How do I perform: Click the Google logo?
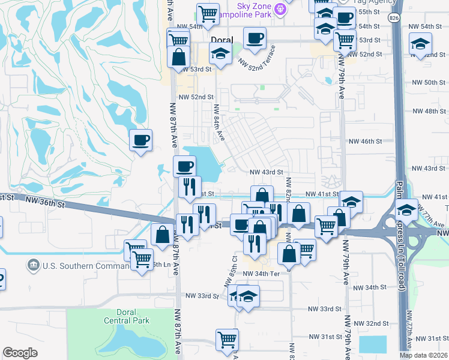[20, 353]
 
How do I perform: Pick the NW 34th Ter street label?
[262, 274]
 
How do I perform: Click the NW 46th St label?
[366, 142]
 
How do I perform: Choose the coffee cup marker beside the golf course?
[141, 141]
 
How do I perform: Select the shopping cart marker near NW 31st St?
[227, 340]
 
